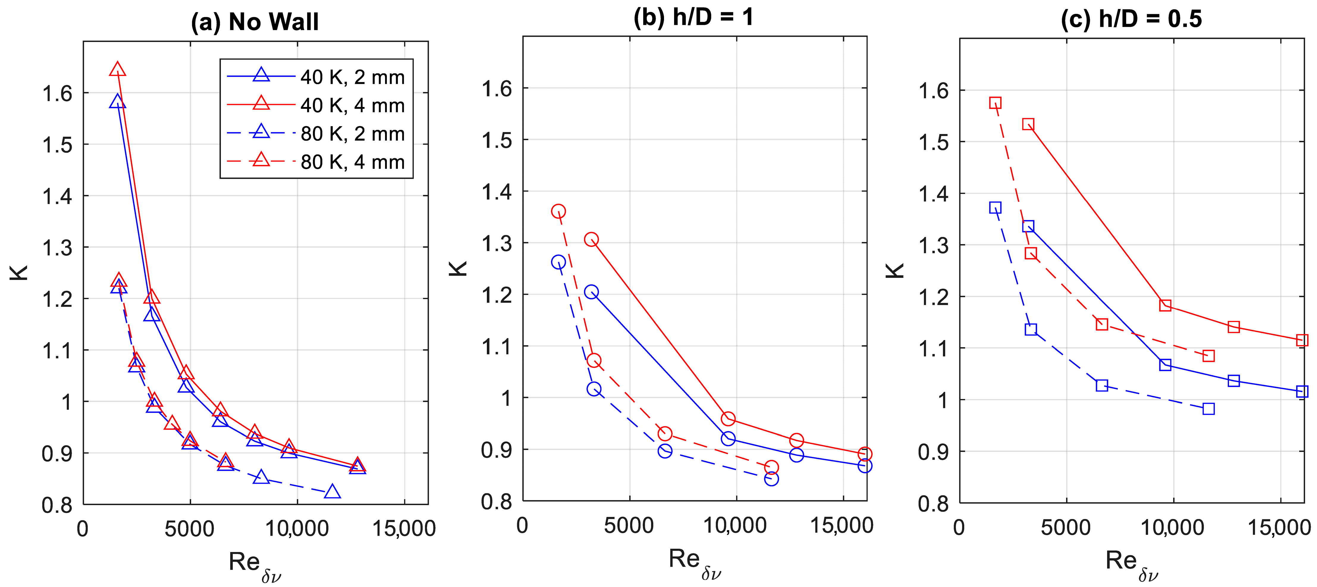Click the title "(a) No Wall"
(x=255, y=22)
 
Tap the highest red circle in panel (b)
(x=558, y=211)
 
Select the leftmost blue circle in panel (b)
(x=558, y=262)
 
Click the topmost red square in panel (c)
(x=995, y=103)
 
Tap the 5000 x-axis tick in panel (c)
(x=1066, y=527)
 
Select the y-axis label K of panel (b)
(x=458, y=268)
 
